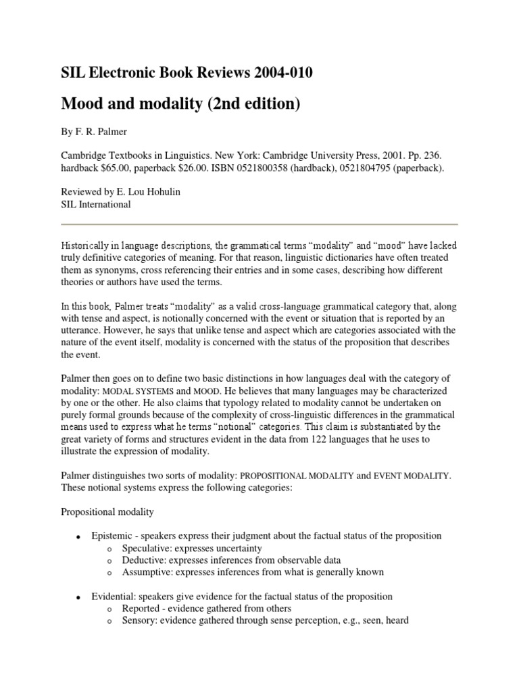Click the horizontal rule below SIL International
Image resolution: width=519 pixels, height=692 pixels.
(259, 224)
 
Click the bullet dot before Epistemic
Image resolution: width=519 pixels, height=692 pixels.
(78, 537)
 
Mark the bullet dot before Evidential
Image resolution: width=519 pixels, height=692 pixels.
(78, 597)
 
